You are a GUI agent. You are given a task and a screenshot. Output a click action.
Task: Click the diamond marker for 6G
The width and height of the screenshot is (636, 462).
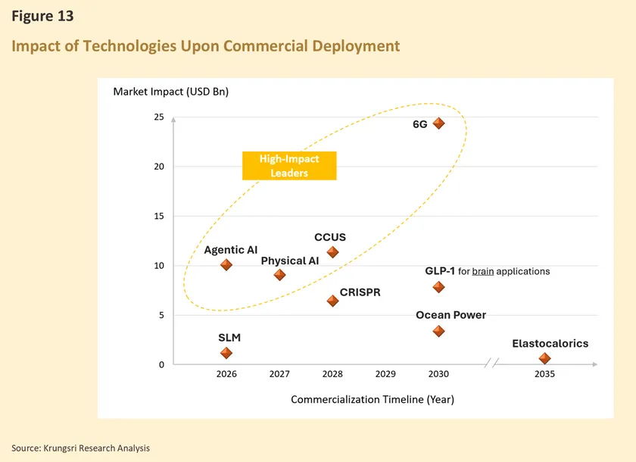tap(438, 123)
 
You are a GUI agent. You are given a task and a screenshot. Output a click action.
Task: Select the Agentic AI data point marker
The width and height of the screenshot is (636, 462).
tap(226, 265)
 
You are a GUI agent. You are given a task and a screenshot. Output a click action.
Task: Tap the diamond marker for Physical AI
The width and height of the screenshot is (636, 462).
tap(279, 275)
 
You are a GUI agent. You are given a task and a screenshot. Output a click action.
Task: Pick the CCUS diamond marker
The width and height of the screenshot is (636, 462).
tap(332, 252)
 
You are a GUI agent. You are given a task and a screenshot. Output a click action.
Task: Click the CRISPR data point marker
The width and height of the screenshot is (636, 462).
tap(332, 301)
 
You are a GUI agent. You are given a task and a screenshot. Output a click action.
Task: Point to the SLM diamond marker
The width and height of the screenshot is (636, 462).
tap(226, 353)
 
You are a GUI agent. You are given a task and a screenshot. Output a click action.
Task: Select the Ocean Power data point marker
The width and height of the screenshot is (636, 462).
tap(438, 331)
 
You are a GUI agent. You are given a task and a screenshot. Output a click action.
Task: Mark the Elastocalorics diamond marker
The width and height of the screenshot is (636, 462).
tap(544, 358)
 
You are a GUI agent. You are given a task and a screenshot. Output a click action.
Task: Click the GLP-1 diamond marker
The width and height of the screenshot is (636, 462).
tap(438, 287)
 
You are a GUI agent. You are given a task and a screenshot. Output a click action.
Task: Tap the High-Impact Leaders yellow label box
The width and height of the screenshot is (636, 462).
tap(289, 166)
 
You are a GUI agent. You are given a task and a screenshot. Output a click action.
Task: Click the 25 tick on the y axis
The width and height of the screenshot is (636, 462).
tap(158, 117)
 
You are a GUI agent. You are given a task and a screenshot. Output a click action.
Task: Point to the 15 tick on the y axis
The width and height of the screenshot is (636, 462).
tap(158, 217)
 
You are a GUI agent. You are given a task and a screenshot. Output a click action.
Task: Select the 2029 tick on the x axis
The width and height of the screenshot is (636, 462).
tap(385, 374)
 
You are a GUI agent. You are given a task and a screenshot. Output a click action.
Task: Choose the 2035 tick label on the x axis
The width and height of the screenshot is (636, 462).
tap(544, 374)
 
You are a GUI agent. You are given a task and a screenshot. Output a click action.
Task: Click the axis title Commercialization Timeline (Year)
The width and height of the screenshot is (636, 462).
tap(373, 399)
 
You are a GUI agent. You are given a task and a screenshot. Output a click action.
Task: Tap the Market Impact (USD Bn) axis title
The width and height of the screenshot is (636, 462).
tap(170, 92)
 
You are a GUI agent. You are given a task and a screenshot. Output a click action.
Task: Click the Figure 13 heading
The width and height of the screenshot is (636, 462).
tap(42, 16)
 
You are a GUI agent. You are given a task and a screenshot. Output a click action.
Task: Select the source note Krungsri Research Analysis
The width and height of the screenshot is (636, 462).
tap(80, 448)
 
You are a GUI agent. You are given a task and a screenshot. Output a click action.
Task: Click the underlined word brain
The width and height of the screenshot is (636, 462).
tap(482, 271)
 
